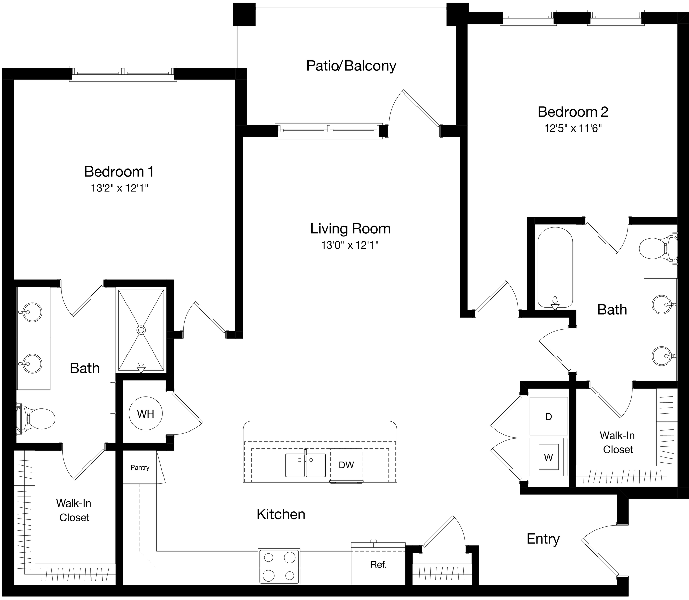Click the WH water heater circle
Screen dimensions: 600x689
pyautogui.click(x=146, y=414)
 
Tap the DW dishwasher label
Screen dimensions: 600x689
pyautogui.click(x=346, y=465)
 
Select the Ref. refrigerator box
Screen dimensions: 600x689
pyautogui.click(x=378, y=564)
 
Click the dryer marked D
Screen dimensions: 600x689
pyautogui.click(x=548, y=417)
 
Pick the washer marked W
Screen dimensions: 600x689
pyautogui.click(x=548, y=457)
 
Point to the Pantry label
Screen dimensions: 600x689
pyautogui.click(x=140, y=467)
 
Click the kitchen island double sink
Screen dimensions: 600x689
pyautogui.click(x=305, y=465)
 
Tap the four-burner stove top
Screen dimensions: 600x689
pyautogui.click(x=279, y=566)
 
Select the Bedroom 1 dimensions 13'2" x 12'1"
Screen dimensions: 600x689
pyautogui.click(x=119, y=188)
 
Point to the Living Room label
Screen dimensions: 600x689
pyautogui.click(x=350, y=229)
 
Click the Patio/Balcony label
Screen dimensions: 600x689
pyautogui.click(x=351, y=66)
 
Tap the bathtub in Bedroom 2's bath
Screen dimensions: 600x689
pyautogui.click(x=555, y=267)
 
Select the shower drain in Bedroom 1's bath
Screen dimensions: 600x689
pyautogui.click(x=141, y=330)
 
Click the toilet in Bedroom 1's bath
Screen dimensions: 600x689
pyautogui.click(x=37, y=419)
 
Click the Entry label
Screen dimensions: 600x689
pyautogui.click(x=543, y=539)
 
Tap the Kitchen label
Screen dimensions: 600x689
pyautogui.click(x=281, y=514)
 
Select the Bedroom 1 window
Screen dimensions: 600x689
pyautogui.click(x=123, y=73)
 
